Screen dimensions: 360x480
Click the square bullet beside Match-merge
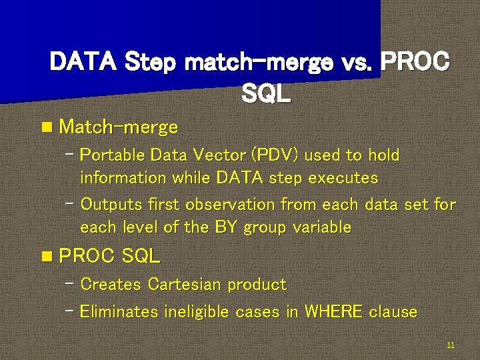coord(46,127)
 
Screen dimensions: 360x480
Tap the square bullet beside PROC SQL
coord(46,256)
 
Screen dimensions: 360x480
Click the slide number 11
coord(451,345)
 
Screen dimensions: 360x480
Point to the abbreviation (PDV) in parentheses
coord(276,155)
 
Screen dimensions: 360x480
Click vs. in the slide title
coord(355,63)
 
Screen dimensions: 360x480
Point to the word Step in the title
coord(149,63)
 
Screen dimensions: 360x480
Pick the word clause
coord(393,312)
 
